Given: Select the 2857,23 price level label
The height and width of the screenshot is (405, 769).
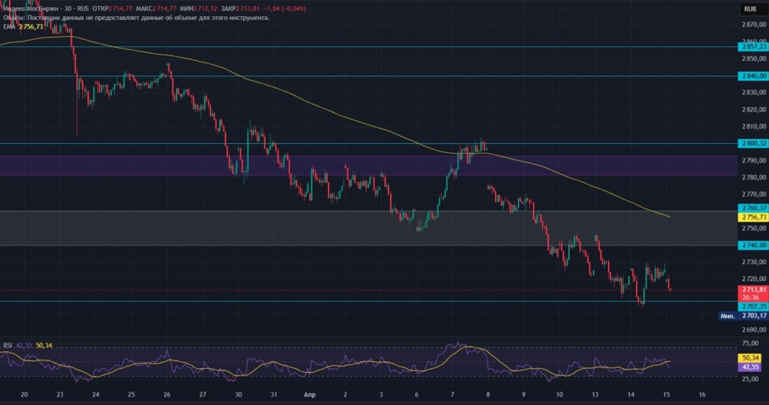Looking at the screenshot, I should [752, 47].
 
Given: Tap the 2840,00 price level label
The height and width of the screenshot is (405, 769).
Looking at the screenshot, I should [752, 76].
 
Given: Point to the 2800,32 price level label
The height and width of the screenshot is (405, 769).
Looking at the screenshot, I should [752, 143].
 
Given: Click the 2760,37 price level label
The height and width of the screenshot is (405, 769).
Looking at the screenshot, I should [752, 208].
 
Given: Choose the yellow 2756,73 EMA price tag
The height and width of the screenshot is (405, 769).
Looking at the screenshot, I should [752, 218].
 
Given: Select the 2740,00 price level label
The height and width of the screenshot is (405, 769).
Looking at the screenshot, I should [752, 245].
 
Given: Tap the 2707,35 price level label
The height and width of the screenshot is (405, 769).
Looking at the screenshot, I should [752, 306].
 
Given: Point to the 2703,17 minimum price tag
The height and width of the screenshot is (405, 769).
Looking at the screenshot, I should [752, 316].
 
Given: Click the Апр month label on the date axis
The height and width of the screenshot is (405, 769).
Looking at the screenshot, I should [308, 393].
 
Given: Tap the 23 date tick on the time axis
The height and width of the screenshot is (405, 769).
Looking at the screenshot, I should [60, 393].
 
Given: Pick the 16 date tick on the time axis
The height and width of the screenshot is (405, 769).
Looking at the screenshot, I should [701, 393].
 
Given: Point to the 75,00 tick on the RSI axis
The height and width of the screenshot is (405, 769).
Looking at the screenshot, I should [752, 343].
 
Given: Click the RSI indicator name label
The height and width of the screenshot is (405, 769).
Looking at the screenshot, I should [8, 346].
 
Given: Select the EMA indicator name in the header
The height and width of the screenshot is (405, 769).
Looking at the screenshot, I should [8, 26].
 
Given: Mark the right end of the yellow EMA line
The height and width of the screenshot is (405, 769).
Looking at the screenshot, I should [670, 217].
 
